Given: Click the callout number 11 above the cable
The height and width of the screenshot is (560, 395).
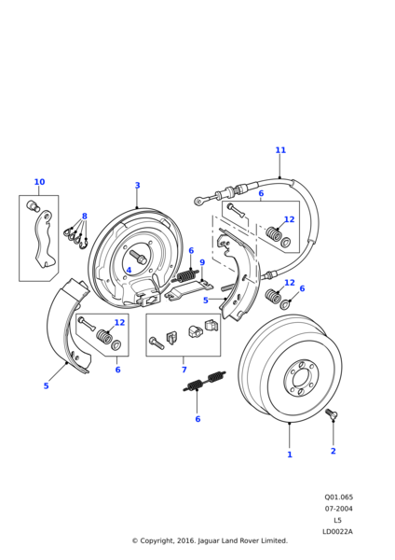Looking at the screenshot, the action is click(x=280, y=150).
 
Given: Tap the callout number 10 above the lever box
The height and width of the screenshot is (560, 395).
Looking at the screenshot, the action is click(x=39, y=182).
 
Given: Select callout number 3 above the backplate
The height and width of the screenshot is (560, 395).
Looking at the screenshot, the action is click(x=138, y=186).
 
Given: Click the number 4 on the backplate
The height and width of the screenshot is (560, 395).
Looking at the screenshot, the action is click(x=129, y=270).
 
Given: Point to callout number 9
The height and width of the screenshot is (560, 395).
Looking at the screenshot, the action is click(x=202, y=262).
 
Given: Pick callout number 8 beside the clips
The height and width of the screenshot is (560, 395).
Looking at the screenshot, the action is click(x=85, y=217).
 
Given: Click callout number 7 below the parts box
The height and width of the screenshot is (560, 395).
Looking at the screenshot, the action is click(x=184, y=370).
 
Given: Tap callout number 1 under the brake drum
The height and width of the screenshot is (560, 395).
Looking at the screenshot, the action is click(x=290, y=455).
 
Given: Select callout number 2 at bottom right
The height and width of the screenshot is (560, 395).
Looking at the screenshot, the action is click(x=333, y=451).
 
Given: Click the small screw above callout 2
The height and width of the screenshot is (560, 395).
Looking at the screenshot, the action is click(x=332, y=414).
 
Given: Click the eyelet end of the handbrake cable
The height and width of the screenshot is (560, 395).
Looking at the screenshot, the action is click(x=198, y=201).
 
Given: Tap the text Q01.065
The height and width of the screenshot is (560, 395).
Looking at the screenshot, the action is click(x=338, y=497).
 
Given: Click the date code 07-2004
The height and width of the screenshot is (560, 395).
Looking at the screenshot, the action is click(x=338, y=509).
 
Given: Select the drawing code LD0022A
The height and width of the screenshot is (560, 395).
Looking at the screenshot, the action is click(x=337, y=531).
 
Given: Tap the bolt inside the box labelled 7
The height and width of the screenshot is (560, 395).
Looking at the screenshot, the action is click(x=157, y=343).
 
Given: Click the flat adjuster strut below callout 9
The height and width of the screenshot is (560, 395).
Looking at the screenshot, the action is click(x=188, y=289).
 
